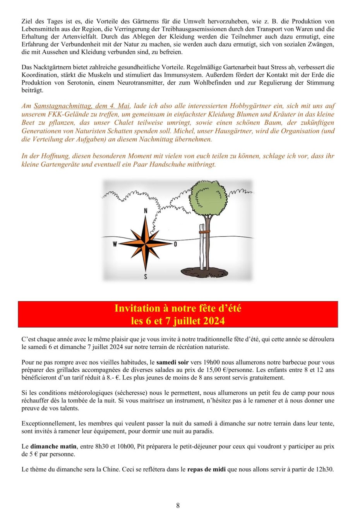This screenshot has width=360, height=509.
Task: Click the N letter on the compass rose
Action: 146,211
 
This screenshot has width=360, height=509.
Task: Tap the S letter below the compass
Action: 146,276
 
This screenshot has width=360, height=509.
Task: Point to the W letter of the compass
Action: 115,244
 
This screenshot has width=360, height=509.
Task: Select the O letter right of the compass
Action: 175,244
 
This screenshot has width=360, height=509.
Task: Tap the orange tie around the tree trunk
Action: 204,232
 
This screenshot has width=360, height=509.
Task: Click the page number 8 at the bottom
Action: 178,505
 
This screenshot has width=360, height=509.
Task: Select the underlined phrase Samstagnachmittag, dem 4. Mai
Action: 82,106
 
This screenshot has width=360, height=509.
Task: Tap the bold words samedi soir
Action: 172,363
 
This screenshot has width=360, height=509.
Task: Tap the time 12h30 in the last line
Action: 325,469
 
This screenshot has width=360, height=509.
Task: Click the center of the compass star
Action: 146,244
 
